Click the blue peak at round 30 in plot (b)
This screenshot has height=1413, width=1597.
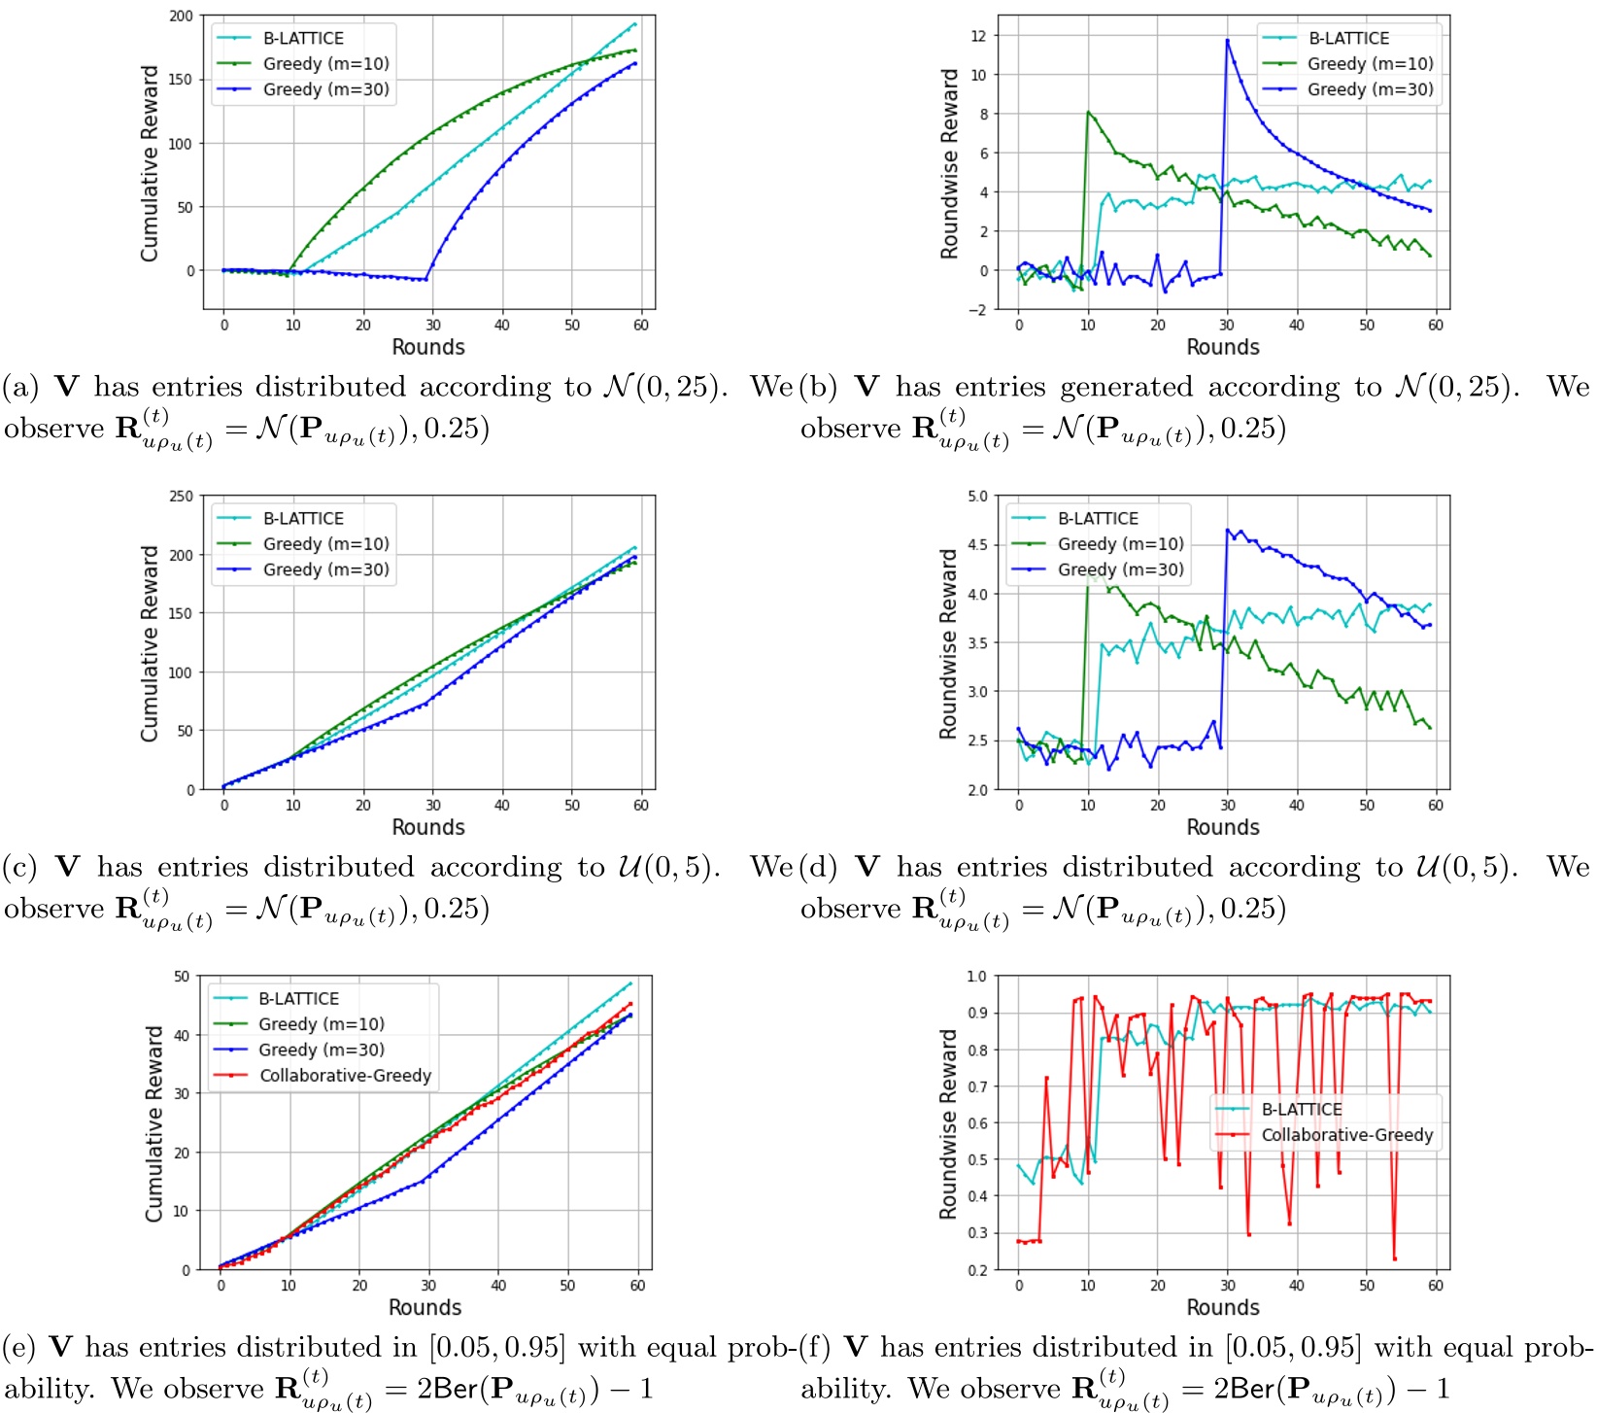(x=1227, y=40)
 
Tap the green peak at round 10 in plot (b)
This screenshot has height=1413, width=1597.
(x=1088, y=112)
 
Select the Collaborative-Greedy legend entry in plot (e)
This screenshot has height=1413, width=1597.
(x=345, y=1075)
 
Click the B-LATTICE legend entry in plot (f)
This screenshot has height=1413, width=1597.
(x=1301, y=1109)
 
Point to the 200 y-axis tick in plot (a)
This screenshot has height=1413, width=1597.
(x=182, y=17)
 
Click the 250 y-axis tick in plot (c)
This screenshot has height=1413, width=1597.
(x=182, y=496)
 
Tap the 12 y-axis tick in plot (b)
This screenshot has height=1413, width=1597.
(x=978, y=36)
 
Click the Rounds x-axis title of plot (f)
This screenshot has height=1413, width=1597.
(x=1222, y=1307)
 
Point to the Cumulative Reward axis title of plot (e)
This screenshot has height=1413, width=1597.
(x=153, y=1123)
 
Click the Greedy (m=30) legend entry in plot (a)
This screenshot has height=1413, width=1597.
(x=325, y=89)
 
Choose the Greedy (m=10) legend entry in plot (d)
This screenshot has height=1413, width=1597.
(x=1120, y=544)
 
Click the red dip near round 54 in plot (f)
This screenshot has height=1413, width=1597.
(x=1394, y=1258)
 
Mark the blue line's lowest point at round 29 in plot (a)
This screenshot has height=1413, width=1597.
(x=425, y=280)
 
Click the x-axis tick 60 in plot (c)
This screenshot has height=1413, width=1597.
(x=641, y=806)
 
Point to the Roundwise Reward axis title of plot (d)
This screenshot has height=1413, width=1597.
(x=948, y=643)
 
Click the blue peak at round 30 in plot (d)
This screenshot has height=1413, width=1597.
(x=1228, y=531)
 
